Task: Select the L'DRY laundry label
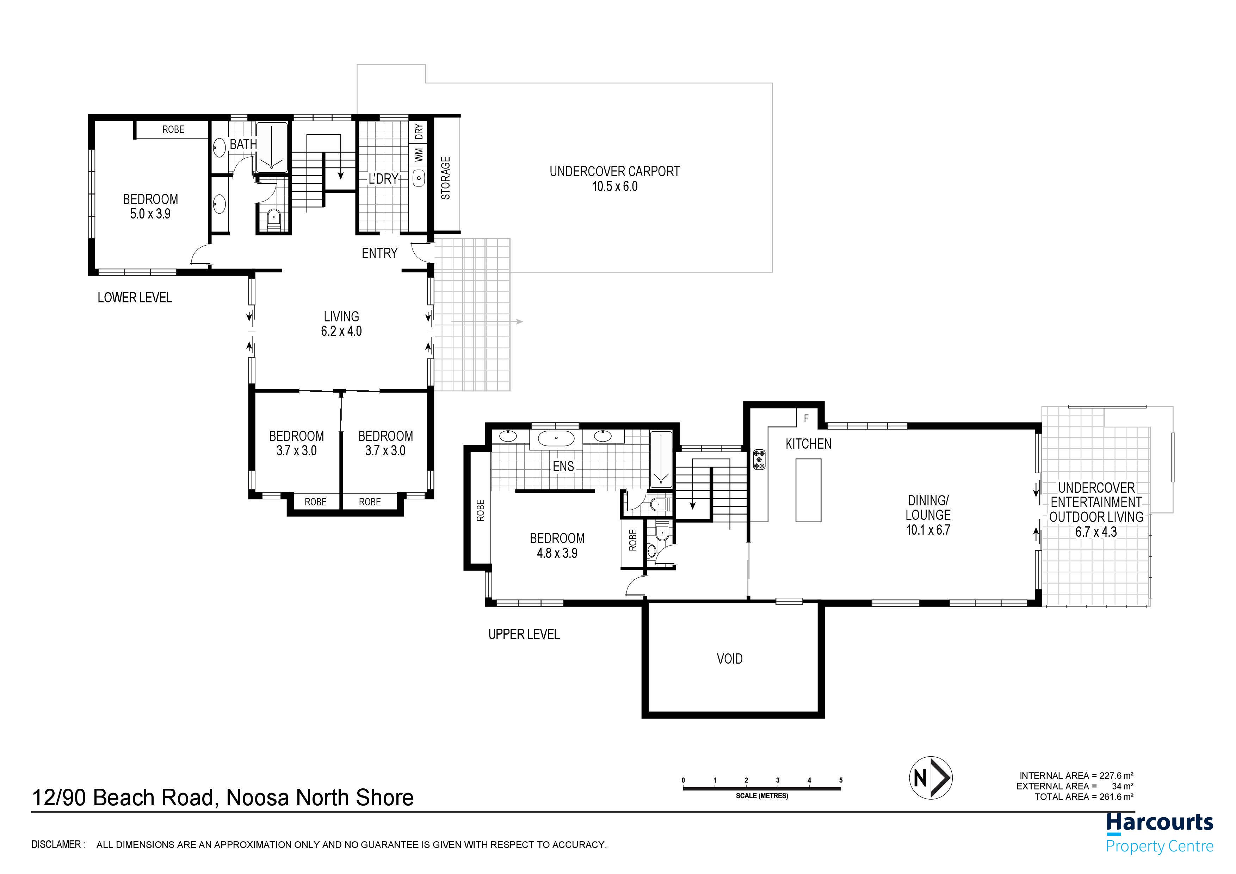click(383, 178)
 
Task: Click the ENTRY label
click(379, 253)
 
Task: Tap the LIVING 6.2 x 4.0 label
click(341, 324)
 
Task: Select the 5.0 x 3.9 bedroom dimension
click(150, 214)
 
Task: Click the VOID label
click(729, 659)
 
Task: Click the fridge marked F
click(807, 418)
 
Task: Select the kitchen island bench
click(809, 490)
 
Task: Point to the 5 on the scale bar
click(841, 780)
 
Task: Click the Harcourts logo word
click(1160, 823)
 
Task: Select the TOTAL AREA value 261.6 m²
click(1117, 797)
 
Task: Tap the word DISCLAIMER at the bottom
click(56, 844)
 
